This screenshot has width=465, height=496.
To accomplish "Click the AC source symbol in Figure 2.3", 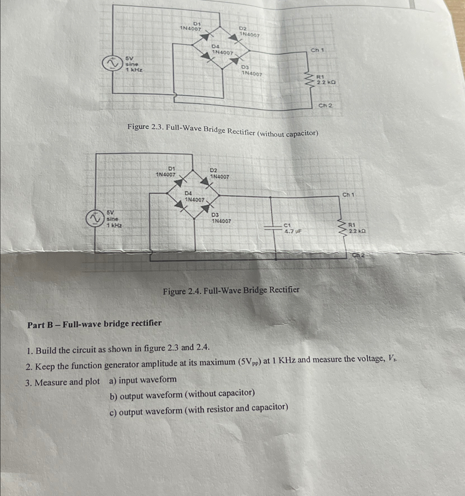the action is click(x=111, y=63).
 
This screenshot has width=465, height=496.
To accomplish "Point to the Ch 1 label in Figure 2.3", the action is click(x=318, y=50).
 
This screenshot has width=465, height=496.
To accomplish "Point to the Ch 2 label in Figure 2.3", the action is click(x=325, y=105).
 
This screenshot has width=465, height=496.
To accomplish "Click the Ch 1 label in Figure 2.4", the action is click(x=349, y=195).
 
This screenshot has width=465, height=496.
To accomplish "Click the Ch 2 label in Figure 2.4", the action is click(x=359, y=255).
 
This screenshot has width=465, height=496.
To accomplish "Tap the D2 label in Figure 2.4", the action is click(x=214, y=170).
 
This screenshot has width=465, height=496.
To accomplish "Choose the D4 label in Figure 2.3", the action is click(x=215, y=47).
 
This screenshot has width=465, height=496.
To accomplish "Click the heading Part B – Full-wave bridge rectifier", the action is click(x=95, y=323).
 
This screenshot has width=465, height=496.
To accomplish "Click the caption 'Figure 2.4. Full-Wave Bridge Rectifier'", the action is click(x=231, y=290).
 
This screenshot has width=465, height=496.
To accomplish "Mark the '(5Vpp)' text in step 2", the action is click(x=250, y=362).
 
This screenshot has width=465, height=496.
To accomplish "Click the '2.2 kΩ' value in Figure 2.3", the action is click(x=326, y=82).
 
